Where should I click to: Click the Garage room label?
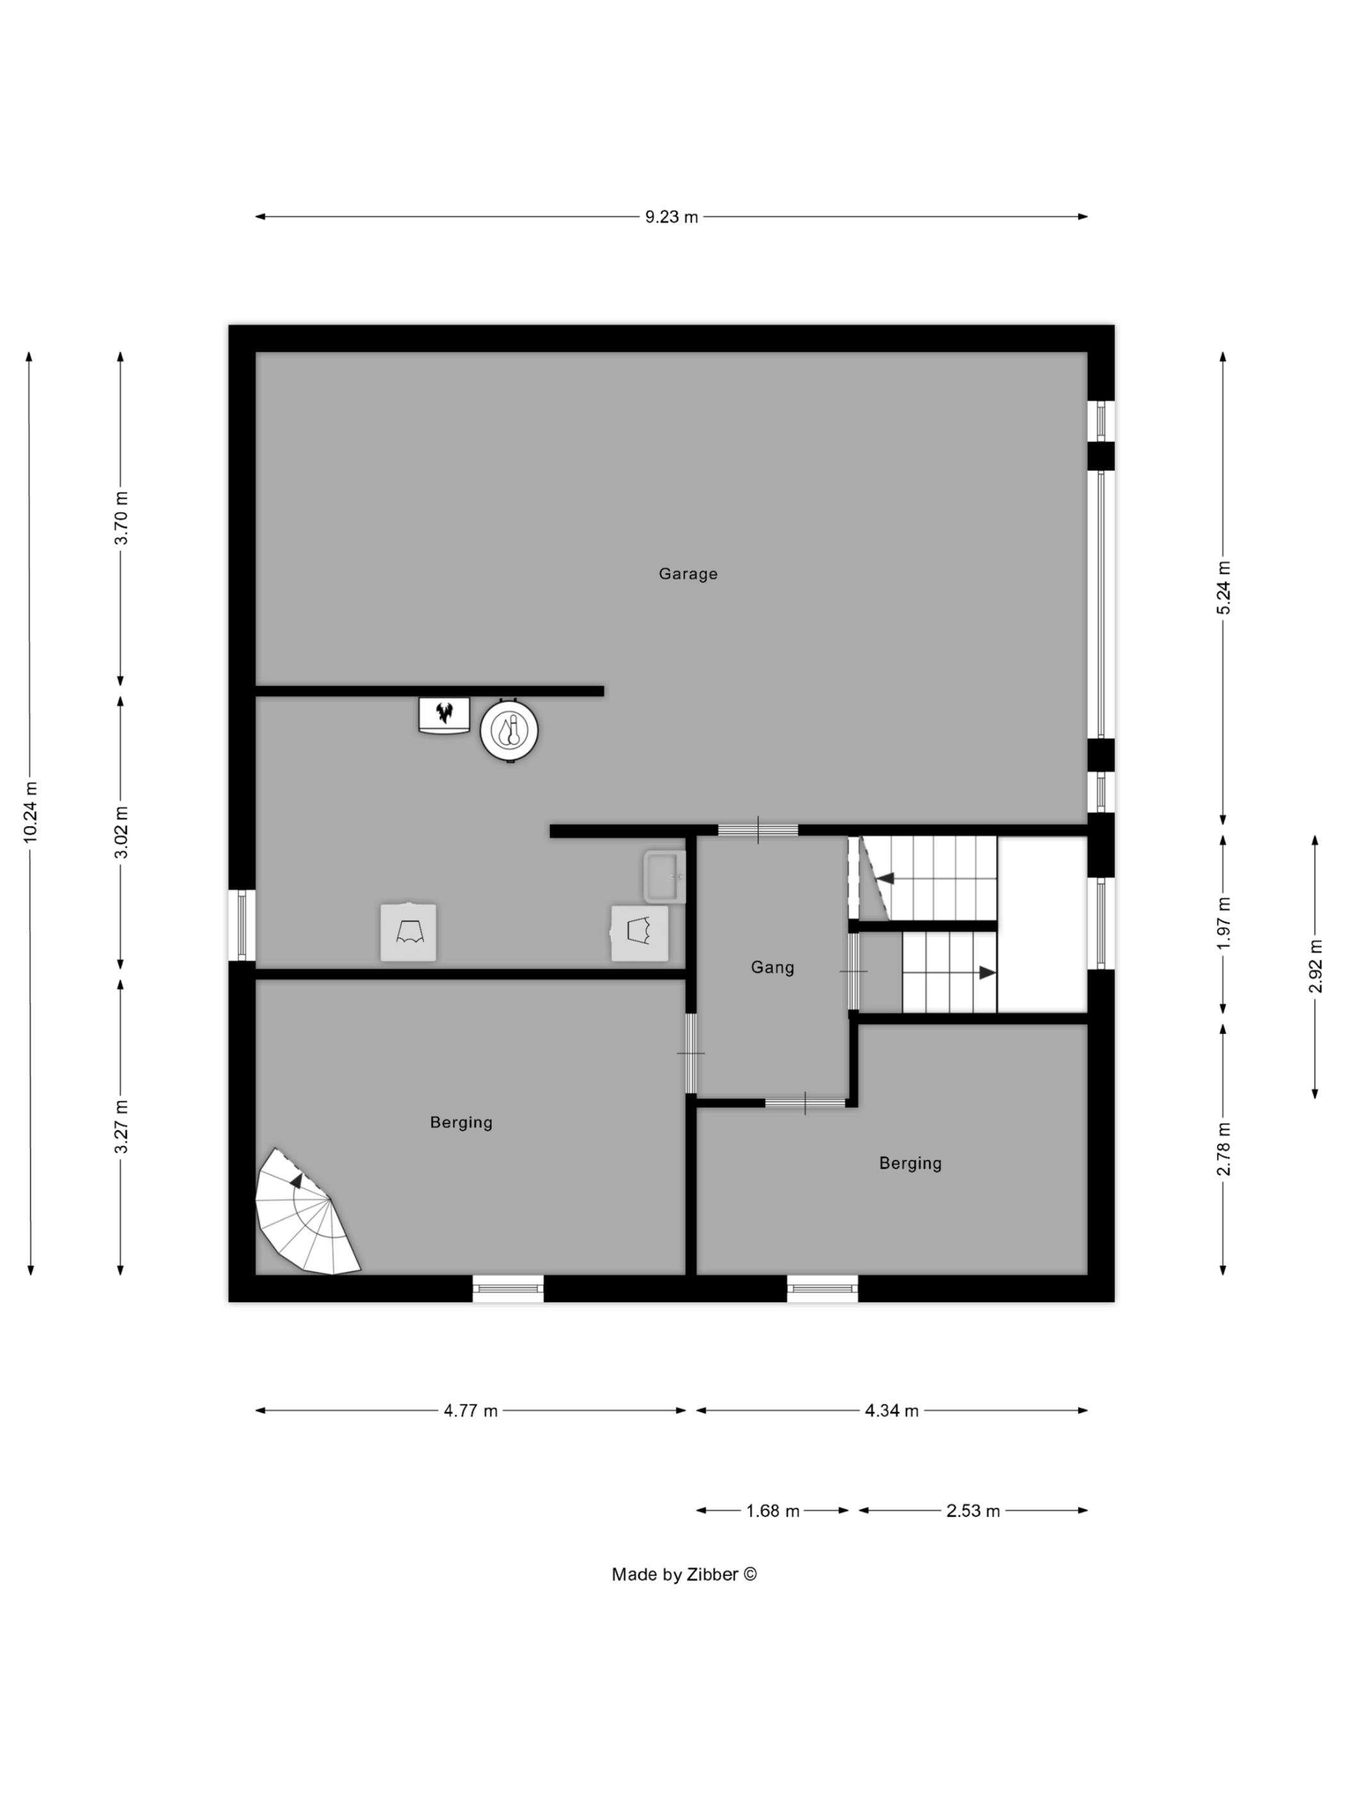coord(687,574)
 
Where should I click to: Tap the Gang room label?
coord(772,967)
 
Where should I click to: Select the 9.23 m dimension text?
coord(671,217)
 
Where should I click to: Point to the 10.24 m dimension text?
coord(31,811)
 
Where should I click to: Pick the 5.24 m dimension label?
coord(1223,587)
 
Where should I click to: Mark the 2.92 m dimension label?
coord(1315,966)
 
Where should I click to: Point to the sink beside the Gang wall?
coord(665,876)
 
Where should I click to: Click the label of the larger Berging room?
coord(461,1123)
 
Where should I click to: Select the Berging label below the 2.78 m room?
coord(911,1163)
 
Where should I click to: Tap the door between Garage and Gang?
coord(758,830)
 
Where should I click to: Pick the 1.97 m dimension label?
coord(1223,923)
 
